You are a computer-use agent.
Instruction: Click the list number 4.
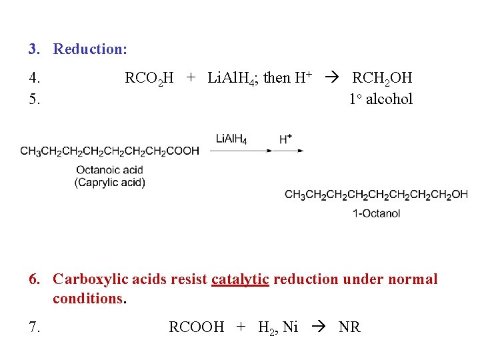point(35,78)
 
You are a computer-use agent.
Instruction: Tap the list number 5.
point(35,99)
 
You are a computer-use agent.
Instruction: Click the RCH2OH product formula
point(382,78)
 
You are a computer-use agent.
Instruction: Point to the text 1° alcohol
point(381,99)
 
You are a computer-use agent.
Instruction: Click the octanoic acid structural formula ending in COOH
point(109,151)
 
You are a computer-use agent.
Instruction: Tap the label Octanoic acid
point(110,170)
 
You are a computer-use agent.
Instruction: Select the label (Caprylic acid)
point(110,182)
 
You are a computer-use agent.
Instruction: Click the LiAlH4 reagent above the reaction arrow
point(231,139)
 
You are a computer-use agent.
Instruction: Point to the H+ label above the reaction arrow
point(285,139)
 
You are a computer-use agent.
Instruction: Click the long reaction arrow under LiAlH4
point(257,151)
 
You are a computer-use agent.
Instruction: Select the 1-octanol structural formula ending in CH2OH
point(376,195)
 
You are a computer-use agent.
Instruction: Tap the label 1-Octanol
point(377,213)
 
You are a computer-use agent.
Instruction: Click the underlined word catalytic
point(240,279)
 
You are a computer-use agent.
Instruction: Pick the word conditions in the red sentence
point(88,299)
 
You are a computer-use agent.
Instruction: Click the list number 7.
point(35,327)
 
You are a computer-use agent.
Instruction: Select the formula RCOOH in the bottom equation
point(197,327)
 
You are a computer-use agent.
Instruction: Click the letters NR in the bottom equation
point(349,327)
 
